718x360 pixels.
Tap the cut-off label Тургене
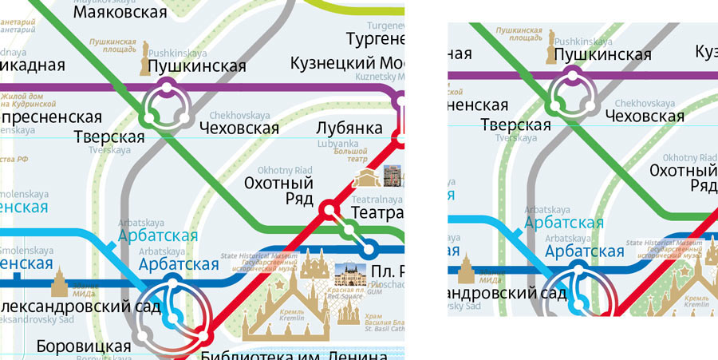[x=375, y=38]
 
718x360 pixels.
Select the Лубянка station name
[x=349, y=128]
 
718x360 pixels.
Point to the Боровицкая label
[x=84, y=346]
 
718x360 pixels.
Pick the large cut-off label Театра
[x=377, y=213]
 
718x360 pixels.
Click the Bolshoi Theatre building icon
[x=366, y=177]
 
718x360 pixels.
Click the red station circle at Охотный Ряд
[x=328, y=211]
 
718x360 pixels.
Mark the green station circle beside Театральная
[x=348, y=231]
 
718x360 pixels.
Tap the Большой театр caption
[x=350, y=148]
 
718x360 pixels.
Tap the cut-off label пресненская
[x=51, y=117]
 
